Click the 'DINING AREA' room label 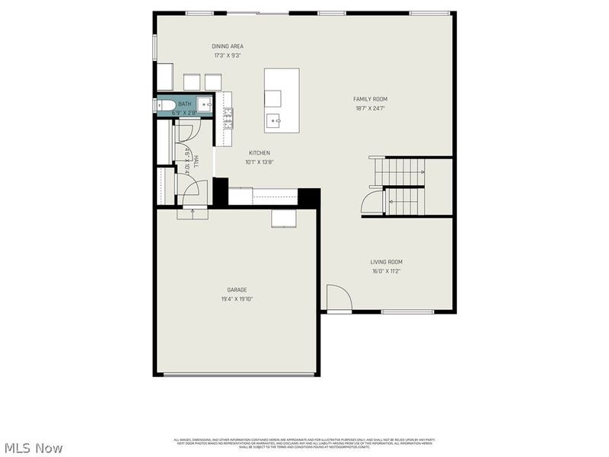(x=228, y=46)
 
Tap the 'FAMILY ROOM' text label (x=370, y=99)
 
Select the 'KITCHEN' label (x=259, y=153)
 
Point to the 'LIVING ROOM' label (x=386, y=262)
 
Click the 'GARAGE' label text (x=237, y=289)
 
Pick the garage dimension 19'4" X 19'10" (x=237, y=299)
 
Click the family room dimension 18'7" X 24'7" (x=370, y=108)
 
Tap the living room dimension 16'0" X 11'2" (x=386, y=271)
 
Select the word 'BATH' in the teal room (x=184, y=104)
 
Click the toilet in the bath (x=165, y=105)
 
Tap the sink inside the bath (x=204, y=105)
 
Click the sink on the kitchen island (x=273, y=120)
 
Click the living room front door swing (x=337, y=298)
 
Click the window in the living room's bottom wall (x=407, y=312)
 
